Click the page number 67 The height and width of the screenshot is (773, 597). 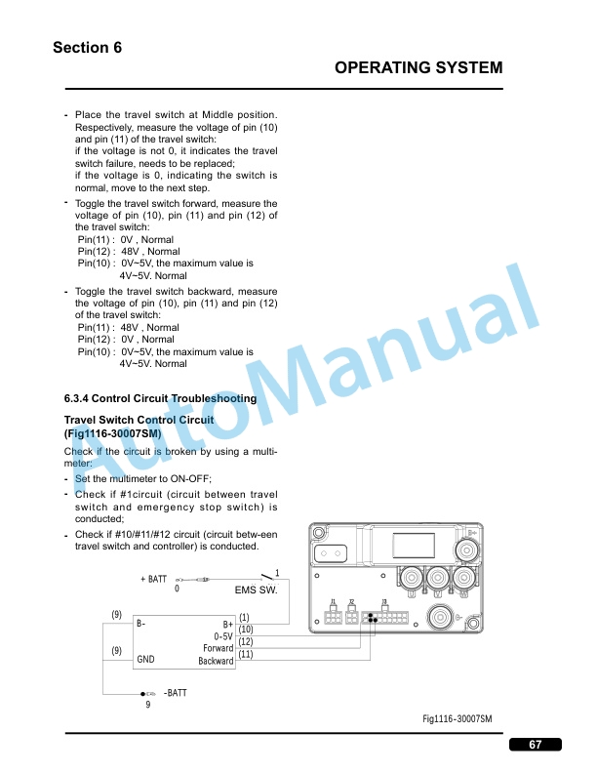point(535,745)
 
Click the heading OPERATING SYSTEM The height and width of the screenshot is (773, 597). point(418,67)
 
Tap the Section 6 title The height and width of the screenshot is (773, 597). point(87,47)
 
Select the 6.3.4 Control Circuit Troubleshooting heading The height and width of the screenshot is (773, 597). point(160,398)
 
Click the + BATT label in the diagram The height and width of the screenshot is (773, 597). point(154,579)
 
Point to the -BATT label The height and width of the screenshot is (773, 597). point(176,693)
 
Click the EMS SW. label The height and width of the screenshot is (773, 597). point(257,590)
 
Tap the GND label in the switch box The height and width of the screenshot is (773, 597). point(145,659)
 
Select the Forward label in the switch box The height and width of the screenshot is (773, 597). point(219,648)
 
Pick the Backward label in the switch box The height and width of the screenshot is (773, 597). point(216,661)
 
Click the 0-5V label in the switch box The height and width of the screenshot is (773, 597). point(223,636)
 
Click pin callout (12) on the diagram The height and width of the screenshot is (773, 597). point(245,641)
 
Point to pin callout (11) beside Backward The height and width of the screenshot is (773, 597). point(245,654)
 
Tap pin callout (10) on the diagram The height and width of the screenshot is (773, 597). point(245,630)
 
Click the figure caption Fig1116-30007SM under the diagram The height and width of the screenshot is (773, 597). point(458,718)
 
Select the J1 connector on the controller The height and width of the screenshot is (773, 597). point(333,616)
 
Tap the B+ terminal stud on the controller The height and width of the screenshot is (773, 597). point(466,549)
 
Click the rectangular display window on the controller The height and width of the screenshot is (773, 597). point(414,546)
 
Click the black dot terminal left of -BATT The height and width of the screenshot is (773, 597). point(142,694)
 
